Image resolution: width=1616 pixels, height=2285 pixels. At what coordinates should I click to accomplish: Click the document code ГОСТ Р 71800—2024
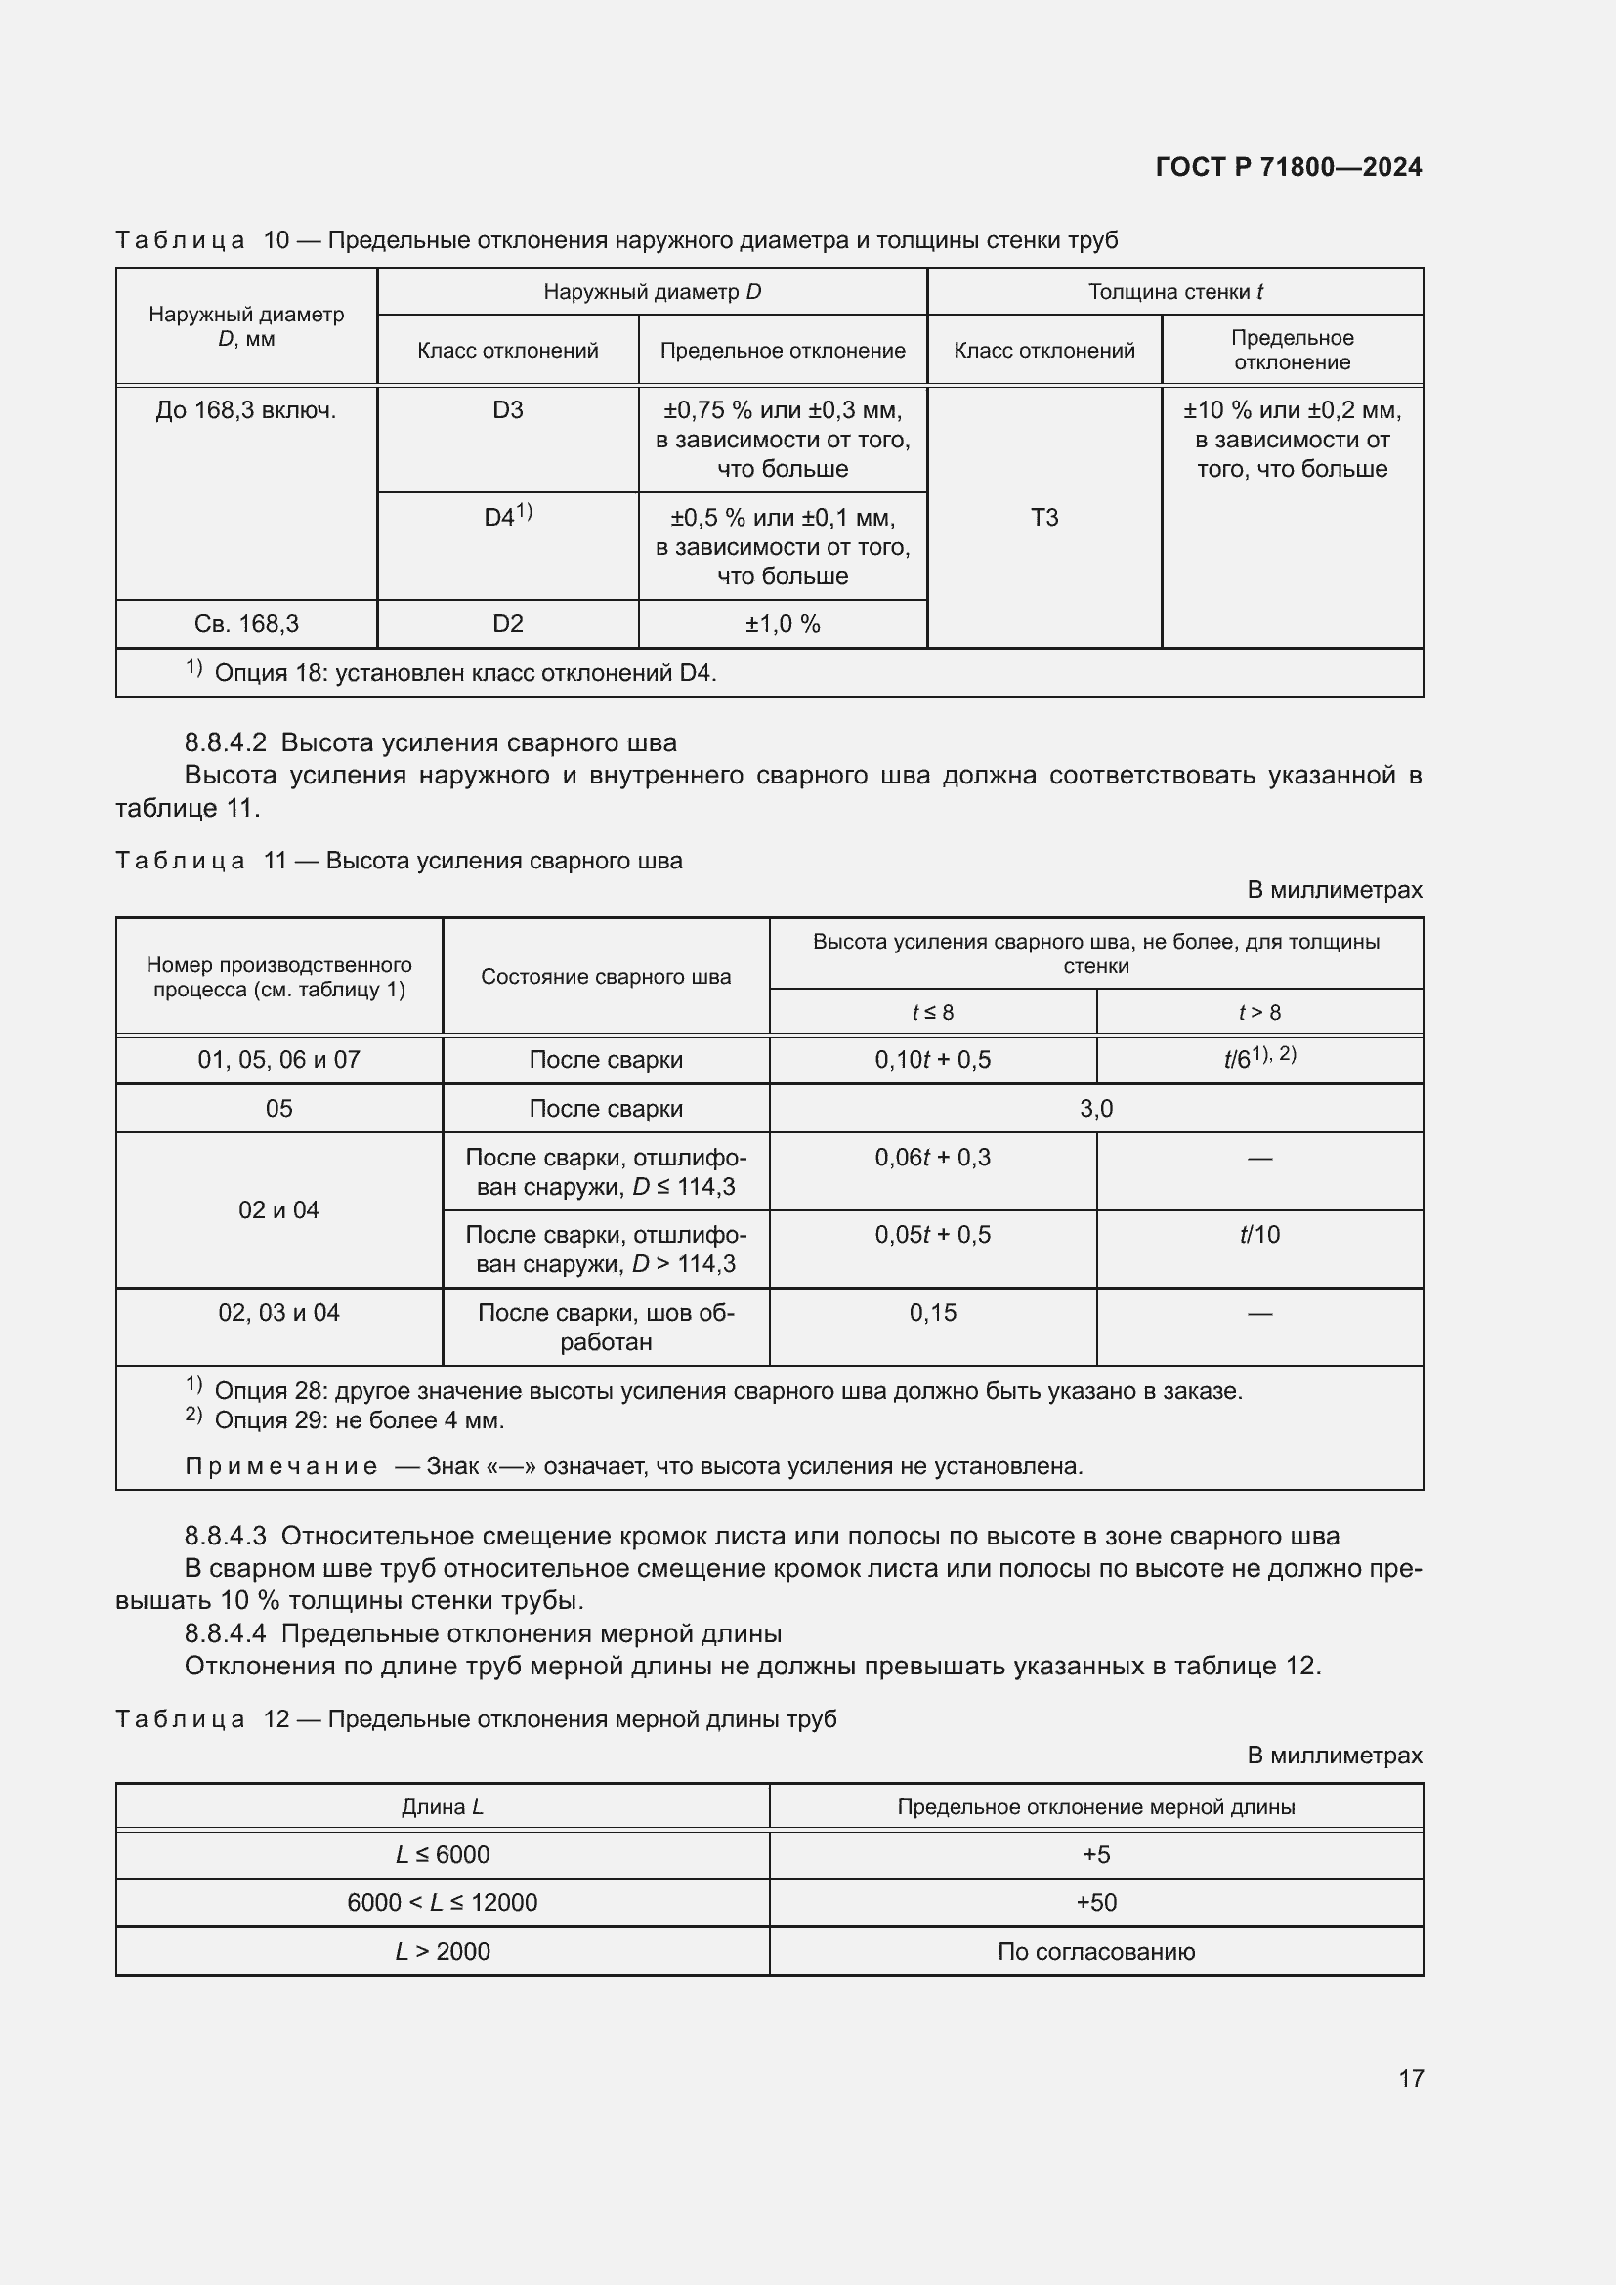coord(1288,167)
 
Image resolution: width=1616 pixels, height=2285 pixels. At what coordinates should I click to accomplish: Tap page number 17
coord(1410,2077)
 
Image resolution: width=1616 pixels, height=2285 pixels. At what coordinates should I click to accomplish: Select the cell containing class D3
coord(507,410)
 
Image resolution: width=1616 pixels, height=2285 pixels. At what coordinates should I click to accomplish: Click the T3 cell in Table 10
coord(1043,518)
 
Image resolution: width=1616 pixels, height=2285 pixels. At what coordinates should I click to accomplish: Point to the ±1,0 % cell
coord(783,624)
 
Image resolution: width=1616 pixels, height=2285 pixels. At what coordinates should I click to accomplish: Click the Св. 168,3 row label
coord(246,624)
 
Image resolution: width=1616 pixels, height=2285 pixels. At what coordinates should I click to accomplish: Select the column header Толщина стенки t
coord(1174,291)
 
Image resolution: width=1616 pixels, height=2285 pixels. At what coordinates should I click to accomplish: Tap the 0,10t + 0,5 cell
coord(932,1060)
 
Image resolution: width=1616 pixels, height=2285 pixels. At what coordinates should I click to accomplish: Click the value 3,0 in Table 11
coord(1095,1109)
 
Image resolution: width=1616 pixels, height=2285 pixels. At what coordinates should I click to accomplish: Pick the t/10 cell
coord(1258,1235)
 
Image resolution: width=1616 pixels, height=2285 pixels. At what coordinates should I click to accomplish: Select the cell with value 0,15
coord(932,1313)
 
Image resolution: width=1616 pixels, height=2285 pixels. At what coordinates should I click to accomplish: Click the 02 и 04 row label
coord(278,1210)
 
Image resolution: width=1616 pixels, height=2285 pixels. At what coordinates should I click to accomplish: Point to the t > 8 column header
coord(1258,1012)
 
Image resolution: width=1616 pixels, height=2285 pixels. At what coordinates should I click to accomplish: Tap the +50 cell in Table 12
coord(1095,1903)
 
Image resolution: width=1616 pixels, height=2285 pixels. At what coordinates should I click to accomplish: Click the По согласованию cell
coord(1095,1952)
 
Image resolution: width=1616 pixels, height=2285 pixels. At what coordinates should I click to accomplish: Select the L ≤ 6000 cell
coord(442,1855)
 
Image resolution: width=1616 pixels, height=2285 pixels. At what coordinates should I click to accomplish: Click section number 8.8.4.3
coord(225,1536)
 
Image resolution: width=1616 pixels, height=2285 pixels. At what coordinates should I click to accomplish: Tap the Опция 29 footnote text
coord(360,1420)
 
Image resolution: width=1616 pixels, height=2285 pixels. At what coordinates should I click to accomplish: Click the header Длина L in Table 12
coord(442,1807)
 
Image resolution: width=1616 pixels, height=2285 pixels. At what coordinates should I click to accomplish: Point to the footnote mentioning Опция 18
coord(465,673)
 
